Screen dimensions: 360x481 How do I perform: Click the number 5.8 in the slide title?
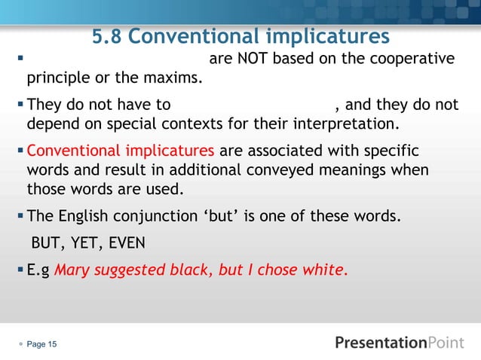pos(109,36)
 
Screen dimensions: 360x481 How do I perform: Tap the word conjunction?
pos(167,218)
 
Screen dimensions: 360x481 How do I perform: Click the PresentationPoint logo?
pos(400,343)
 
